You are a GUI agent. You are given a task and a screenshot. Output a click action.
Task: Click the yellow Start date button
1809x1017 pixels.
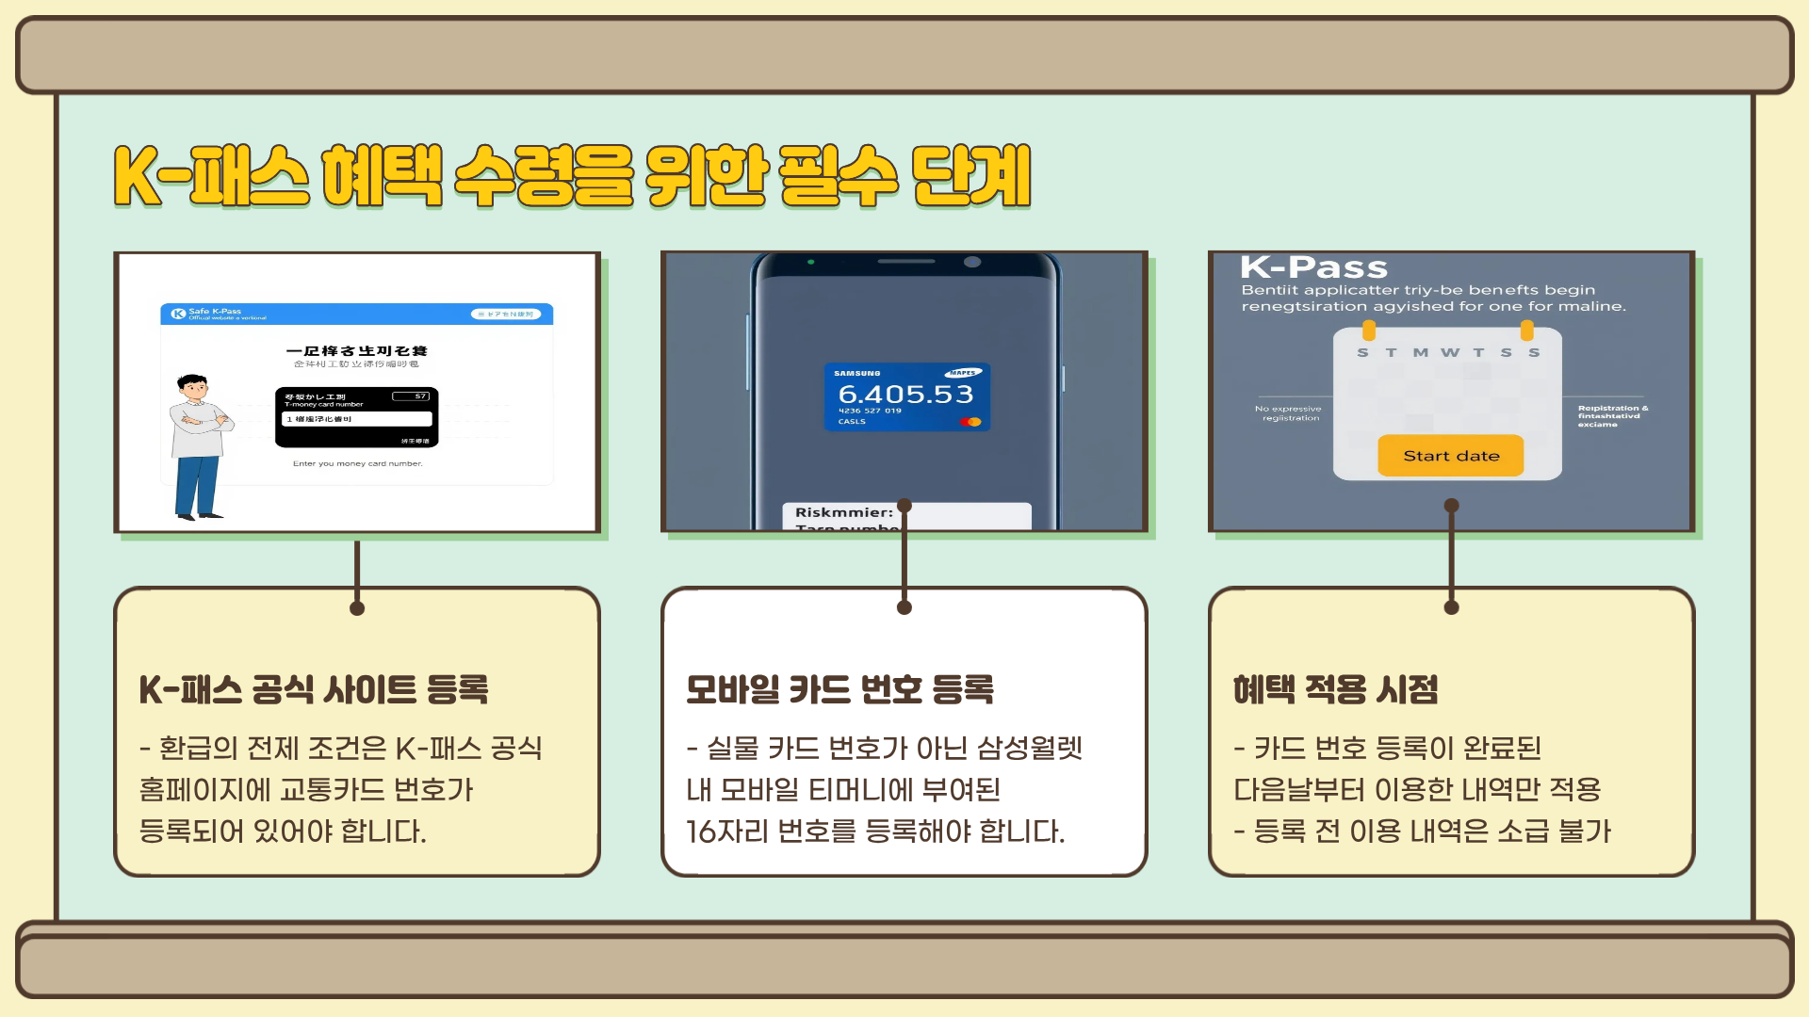pos(1450,456)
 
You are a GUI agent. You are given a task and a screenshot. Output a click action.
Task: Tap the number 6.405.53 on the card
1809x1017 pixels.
pos(905,394)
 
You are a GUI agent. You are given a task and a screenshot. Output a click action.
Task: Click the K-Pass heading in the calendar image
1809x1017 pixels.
pos(1313,267)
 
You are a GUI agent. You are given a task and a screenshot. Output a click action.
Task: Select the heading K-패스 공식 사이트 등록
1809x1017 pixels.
pos(314,689)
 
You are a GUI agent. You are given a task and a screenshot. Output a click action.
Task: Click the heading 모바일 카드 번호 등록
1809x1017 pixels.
pos(839,689)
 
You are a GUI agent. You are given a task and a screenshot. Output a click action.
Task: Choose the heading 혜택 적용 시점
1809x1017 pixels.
pos(1335,689)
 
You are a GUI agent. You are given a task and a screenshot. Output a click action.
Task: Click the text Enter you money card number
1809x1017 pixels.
pos(357,463)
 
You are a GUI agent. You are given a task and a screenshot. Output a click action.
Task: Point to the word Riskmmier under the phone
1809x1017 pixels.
pos(843,512)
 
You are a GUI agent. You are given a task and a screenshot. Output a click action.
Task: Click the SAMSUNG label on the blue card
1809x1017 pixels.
pos(856,374)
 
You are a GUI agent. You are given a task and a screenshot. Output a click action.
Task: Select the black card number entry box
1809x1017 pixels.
pos(356,417)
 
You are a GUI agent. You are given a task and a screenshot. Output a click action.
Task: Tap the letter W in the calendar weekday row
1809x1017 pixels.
pos(1449,352)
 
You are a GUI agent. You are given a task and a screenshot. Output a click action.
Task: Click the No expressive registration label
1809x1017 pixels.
pos(1288,412)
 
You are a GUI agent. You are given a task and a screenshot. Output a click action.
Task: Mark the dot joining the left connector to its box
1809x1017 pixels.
pos(357,608)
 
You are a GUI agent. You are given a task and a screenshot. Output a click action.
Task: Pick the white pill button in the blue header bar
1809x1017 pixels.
pos(506,315)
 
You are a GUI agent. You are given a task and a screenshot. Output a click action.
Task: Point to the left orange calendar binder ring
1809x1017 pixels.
pos(1369,330)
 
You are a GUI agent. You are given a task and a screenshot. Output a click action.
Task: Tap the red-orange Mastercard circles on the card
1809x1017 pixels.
pos(970,422)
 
